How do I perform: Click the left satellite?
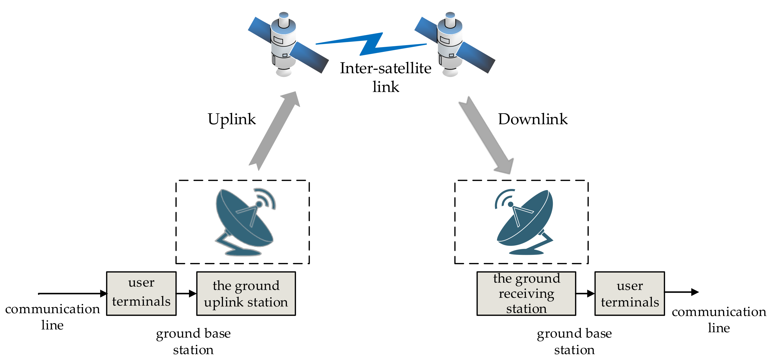284,45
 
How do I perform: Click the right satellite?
450,45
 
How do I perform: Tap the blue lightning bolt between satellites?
371,44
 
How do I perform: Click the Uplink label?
232,119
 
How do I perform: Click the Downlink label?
533,119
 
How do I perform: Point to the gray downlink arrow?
486,135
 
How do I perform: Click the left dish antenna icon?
245,222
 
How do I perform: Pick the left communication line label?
52,317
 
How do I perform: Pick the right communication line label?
719,320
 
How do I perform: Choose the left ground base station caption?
194,341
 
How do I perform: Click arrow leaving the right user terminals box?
681,292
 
